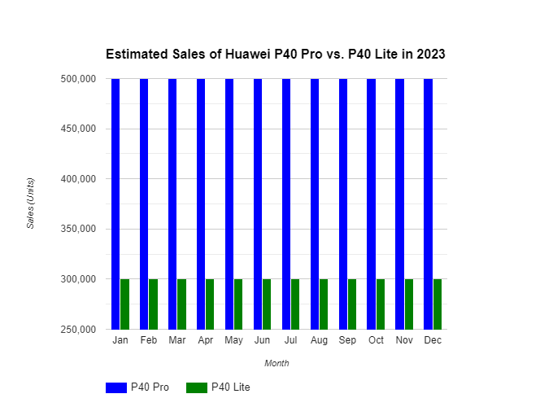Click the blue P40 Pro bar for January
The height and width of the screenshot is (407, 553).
coord(115,203)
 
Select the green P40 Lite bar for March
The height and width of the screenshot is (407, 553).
coord(181,304)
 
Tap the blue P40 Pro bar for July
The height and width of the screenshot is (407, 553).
coord(286,203)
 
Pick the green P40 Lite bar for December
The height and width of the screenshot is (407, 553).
coord(438,304)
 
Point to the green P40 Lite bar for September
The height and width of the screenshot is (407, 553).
coord(352,304)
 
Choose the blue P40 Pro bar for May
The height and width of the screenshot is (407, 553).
coord(229,203)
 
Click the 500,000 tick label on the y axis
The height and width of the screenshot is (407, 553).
coord(79,79)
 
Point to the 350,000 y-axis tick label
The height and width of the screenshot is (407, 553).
coord(79,229)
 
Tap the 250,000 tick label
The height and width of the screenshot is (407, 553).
coord(79,329)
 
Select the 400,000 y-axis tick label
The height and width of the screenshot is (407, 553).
coord(79,179)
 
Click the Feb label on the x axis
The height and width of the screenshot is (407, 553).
coord(148,340)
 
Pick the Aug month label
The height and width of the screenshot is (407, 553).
coord(319,340)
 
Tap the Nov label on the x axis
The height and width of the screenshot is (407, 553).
coord(404,340)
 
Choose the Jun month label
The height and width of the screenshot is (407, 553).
coord(262,340)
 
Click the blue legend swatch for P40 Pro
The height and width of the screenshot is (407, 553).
coord(116,387)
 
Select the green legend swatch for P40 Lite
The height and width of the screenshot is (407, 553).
coord(197,387)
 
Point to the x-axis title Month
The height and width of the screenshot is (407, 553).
coord(276,363)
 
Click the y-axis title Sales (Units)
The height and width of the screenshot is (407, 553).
coord(31,203)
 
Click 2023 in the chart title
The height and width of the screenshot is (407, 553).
coord(431,55)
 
